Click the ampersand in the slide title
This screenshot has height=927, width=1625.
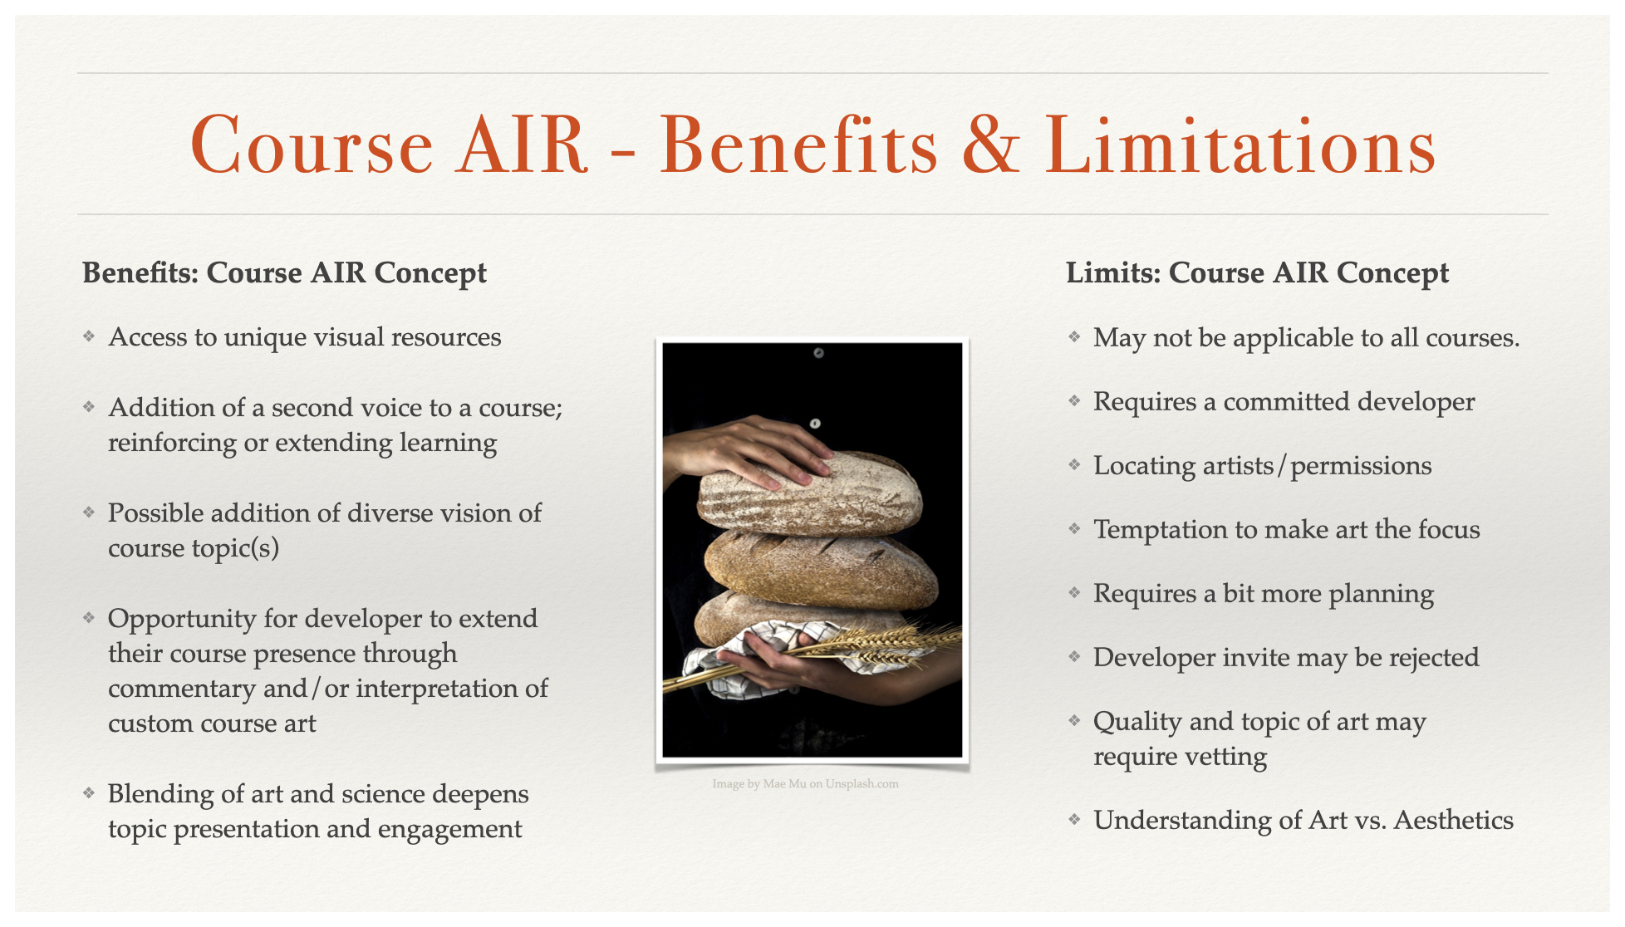tap(990, 145)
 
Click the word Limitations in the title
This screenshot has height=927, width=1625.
tap(1240, 145)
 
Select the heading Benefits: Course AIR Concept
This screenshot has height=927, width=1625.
tap(284, 273)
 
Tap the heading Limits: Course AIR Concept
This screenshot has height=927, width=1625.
tap(1257, 273)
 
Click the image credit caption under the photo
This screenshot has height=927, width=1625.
tap(805, 783)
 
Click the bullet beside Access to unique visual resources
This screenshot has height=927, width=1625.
tap(89, 336)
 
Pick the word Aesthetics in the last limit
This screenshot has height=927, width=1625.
tap(1454, 821)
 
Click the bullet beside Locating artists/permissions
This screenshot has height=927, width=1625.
tap(1074, 465)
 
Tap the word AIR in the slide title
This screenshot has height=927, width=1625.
tap(523, 145)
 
